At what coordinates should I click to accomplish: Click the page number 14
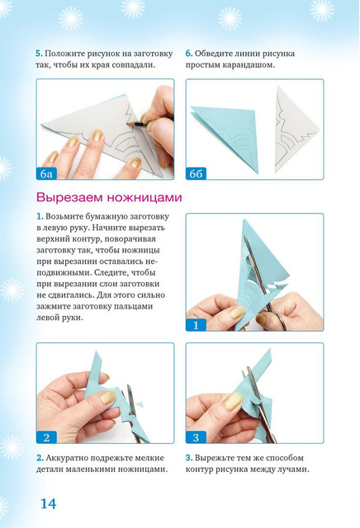tap(48, 504)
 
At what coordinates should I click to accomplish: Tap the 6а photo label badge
tap(46, 174)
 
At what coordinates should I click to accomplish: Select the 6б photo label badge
tap(196, 174)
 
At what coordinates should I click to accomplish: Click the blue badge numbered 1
tap(196, 325)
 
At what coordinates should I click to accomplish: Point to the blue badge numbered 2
tap(46, 437)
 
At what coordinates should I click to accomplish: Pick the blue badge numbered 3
tap(196, 437)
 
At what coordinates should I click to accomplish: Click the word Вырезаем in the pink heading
tap(70, 198)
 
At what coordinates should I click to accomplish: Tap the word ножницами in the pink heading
tap(144, 198)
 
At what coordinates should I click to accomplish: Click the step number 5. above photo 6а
tap(39, 54)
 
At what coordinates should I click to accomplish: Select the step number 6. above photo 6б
tap(189, 54)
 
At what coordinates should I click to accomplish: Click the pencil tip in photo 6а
tap(130, 123)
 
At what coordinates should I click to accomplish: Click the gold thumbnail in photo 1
tap(237, 313)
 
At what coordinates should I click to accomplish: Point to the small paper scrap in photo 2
tap(143, 403)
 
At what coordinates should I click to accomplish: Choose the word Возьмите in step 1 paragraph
tap(64, 216)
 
